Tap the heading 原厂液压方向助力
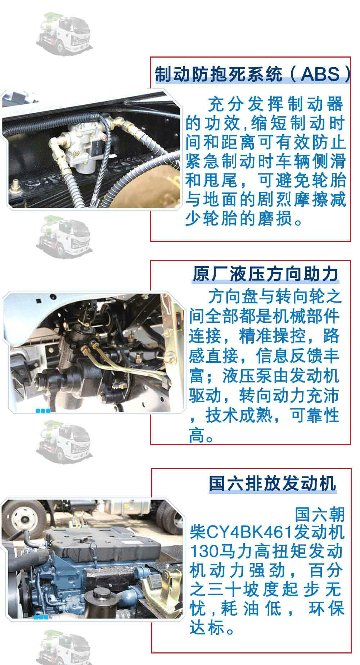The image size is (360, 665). pos(265,274)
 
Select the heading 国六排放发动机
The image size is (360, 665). pos(273,483)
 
